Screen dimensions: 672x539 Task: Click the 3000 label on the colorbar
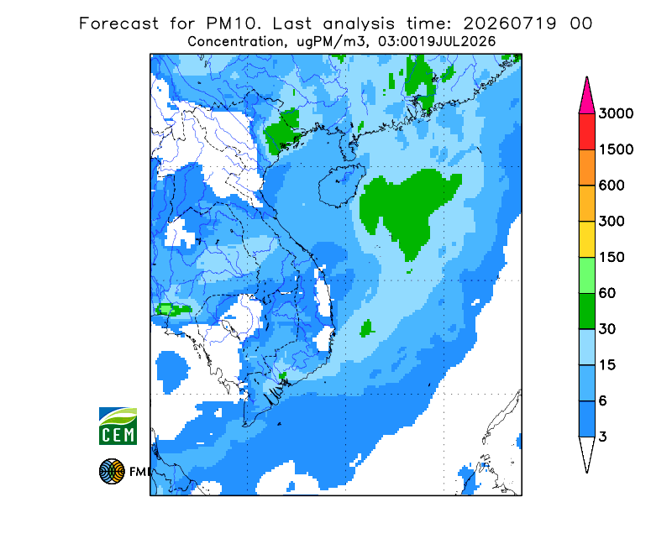click(x=616, y=113)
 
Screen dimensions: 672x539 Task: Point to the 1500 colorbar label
click(x=616, y=149)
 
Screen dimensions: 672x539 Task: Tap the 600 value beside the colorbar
click(x=612, y=186)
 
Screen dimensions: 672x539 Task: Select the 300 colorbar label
click(x=612, y=222)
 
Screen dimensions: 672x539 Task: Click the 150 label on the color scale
click(x=612, y=258)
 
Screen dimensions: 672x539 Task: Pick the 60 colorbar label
click(x=607, y=294)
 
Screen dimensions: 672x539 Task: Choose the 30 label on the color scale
click(x=607, y=329)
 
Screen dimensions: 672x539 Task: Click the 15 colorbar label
click(x=607, y=365)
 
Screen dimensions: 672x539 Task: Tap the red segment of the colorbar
click(x=586, y=132)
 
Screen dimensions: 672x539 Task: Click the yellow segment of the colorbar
click(x=586, y=239)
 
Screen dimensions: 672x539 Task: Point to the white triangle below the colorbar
click(x=586, y=452)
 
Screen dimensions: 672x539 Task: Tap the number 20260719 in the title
click(x=510, y=24)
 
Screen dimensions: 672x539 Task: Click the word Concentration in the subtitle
click(x=236, y=42)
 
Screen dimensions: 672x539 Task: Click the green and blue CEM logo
click(x=118, y=426)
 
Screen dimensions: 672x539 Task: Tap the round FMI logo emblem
click(x=112, y=471)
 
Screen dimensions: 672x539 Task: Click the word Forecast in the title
click(x=118, y=24)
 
